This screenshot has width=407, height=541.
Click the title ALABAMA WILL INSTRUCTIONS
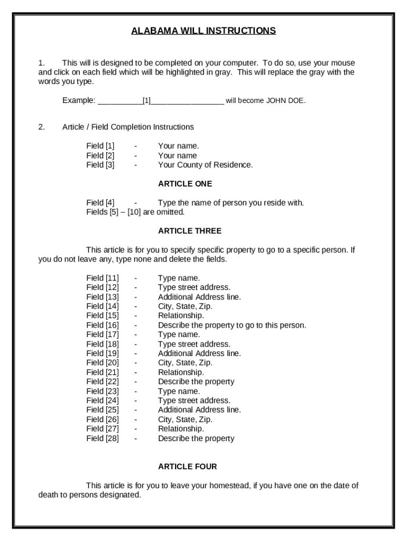click(x=203, y=31)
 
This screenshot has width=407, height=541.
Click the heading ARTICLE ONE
click(x=185, y=184)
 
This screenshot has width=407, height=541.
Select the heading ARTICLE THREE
click(x=190, y=231)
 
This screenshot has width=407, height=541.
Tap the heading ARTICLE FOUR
click(x=187, y=467)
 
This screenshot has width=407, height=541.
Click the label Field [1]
click(x=100, y=146)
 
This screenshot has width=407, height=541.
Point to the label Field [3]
click(x=100, y=165)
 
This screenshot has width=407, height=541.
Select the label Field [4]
click(x=100, y=203)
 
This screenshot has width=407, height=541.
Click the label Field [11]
click(x=103, y=278)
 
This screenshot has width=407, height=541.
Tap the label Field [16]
click(x=103, y=325)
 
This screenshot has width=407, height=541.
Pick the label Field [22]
click(x=103, y=381)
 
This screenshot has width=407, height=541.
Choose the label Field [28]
click(x=103, y=438)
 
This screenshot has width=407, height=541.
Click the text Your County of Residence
click(x=205, y=165)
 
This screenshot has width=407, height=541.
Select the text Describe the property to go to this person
click(x=232, y=325)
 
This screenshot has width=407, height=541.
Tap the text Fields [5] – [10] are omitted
click(x=135, y=212)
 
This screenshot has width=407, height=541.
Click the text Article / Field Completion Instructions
click(x=128, y=127)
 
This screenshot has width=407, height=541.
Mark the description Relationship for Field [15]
click(x=181, y=315)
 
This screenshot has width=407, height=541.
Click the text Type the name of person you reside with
click(x=230, y=203)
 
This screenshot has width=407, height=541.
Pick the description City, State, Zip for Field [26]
click(x=185, y=419)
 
